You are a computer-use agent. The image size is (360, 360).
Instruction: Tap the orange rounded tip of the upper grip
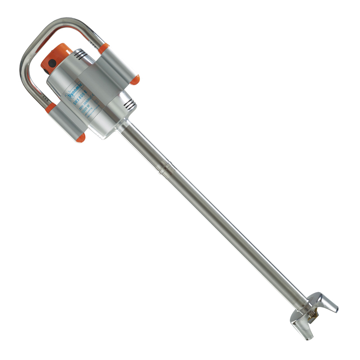tap(135, 80)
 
